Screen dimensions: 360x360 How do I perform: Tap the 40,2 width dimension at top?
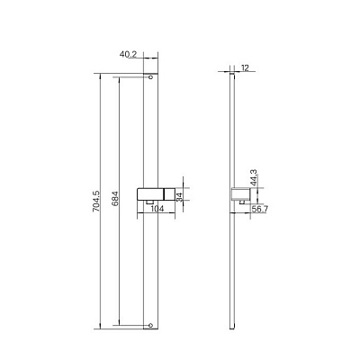(x=128, y=54)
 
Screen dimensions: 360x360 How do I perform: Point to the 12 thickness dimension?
(x=245, y=67)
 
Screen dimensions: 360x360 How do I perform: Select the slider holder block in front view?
(x=155, y=193)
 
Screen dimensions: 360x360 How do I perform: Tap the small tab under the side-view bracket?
(x=242, y=204)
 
